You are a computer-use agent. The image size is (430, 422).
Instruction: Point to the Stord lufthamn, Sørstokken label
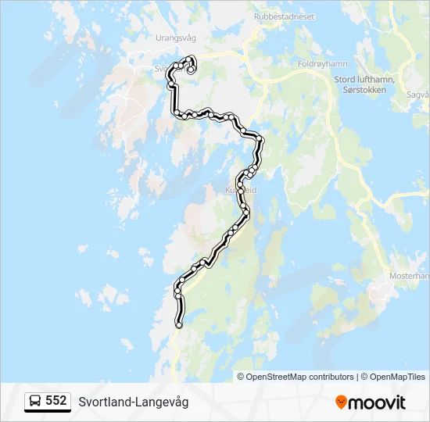pos(364,84)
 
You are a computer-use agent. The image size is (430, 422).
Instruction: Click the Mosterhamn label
pos(410,276)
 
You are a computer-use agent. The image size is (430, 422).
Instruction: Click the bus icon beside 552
pos(36,401)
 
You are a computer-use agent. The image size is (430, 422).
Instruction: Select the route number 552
pos(56,401)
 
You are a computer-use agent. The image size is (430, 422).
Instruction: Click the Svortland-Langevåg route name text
pos(133,402)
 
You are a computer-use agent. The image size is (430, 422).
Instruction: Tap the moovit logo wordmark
pos(377,402)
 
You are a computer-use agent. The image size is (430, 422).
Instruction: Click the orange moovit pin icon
pos(341,402)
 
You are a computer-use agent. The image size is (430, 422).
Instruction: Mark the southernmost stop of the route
pos(179,324)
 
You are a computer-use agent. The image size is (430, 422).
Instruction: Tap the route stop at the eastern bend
pos(261,141)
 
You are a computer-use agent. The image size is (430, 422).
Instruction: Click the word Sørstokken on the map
pos(364,90)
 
